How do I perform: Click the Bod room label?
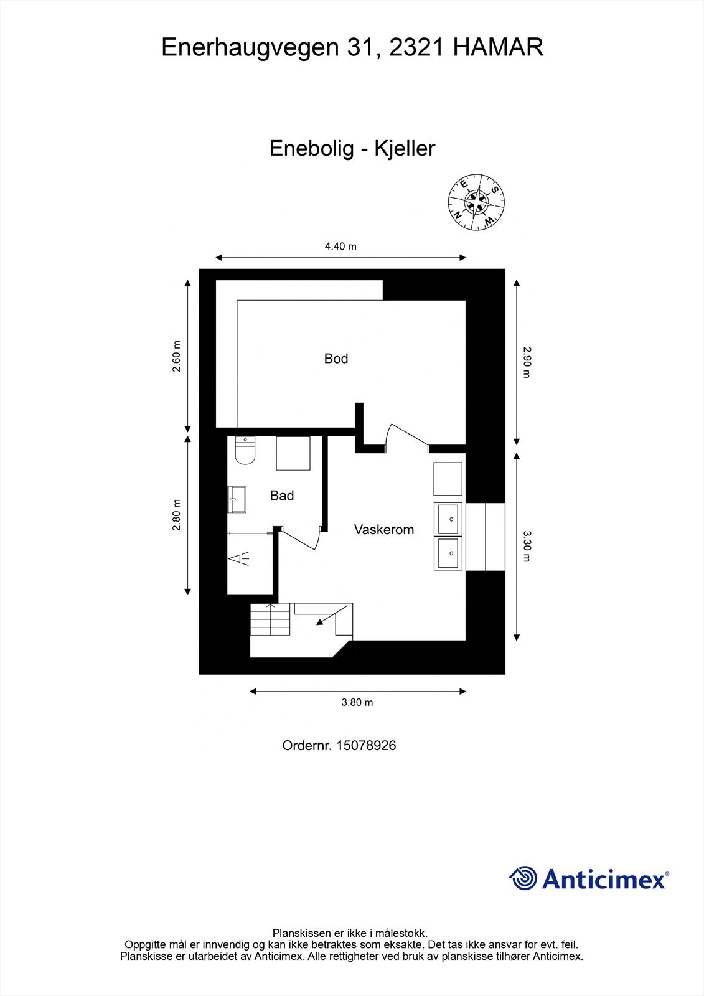click(336, 359)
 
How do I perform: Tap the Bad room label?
click(281, 496)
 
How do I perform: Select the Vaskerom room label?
click(383, 530)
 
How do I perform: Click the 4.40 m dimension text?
click(340, 247)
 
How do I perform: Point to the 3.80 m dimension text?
click(357, 702)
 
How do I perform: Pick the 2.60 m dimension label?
click(177, 357)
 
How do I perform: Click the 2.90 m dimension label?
click(527, 362)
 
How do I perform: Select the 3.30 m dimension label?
click(527, 546)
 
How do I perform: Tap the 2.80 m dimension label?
click(177, 515)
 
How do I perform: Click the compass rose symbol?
click(477, 202)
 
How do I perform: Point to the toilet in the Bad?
click(245, 450)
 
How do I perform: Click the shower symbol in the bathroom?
click(241, 558)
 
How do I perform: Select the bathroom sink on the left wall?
click(237, 499)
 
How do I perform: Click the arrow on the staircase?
click(324, 618)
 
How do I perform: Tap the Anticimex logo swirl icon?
click(523, 878)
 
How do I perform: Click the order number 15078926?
click(366, 745)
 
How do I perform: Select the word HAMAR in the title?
click(499, 47)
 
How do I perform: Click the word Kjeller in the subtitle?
click(404, 148)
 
